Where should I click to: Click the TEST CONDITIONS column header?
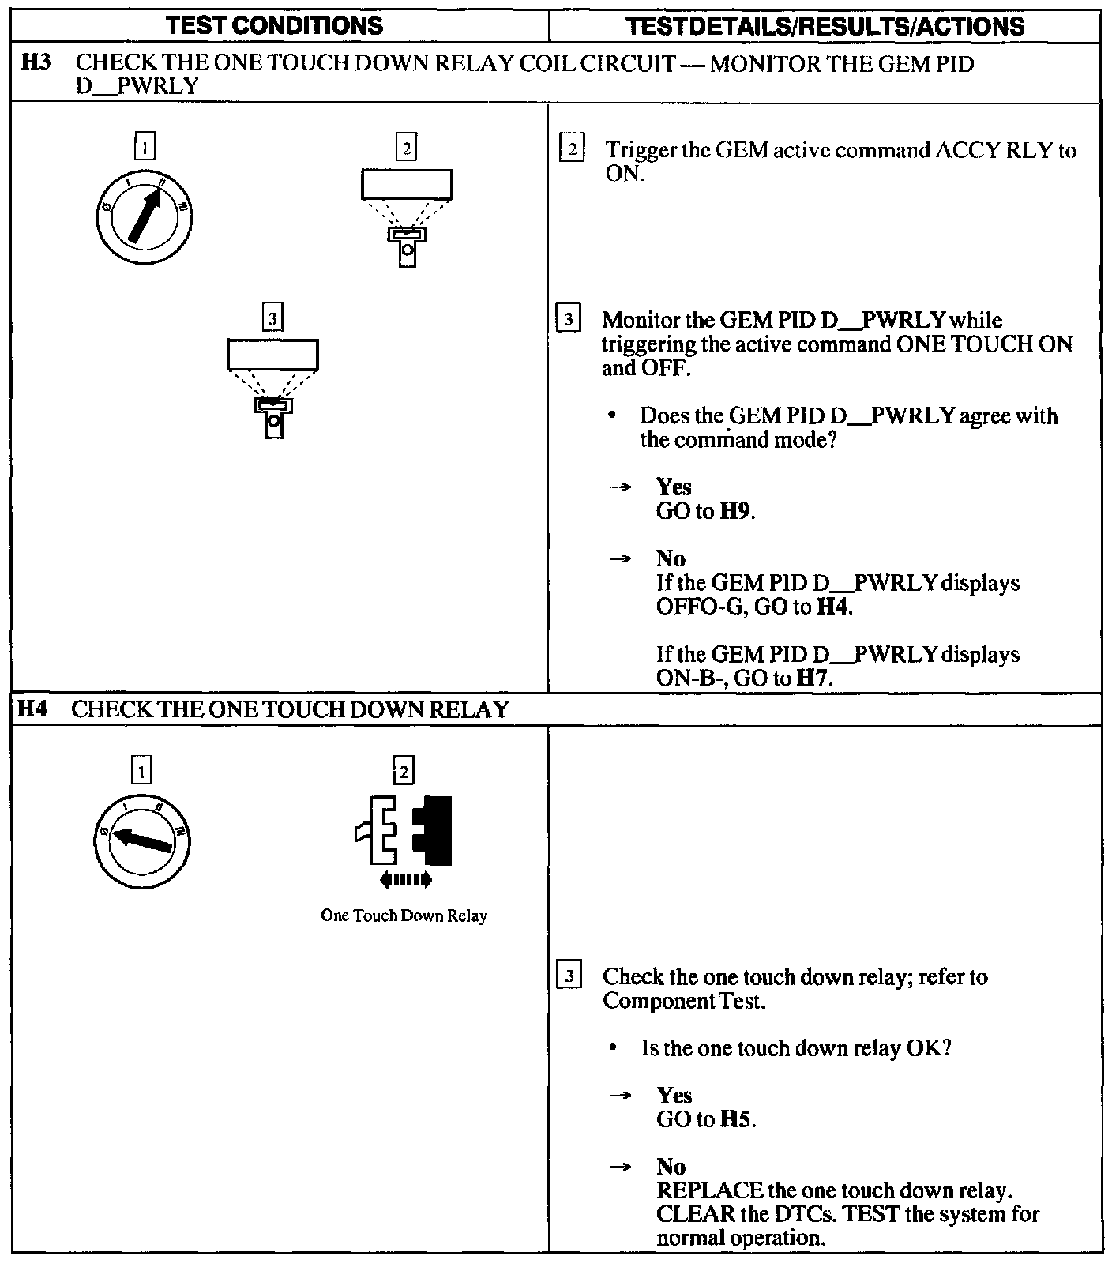click(x=276, y=26)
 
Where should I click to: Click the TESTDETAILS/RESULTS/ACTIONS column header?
click(x=825, y=26)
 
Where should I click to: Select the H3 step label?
click(x=36, y=63)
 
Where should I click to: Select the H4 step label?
click(x=33, y=709)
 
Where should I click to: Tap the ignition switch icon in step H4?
click(x=141, y=840)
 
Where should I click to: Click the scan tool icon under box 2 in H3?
click(x=407, y=218)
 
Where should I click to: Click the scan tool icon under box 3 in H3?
click(x=273, y=388)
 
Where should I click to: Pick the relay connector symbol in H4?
click(x=404, y=829)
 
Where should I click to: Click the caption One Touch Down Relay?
click(x=404, y=916)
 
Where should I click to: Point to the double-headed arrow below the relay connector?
click(x=405, y=878)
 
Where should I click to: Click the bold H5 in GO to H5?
click(x=737, y=1119)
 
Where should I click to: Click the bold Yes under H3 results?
click(x=674, y=487)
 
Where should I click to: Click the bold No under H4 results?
click(x=671, y=1167)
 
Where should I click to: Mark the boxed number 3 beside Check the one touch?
click(x=569, y=976)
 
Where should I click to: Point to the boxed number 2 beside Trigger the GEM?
click(x=572, y=149)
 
